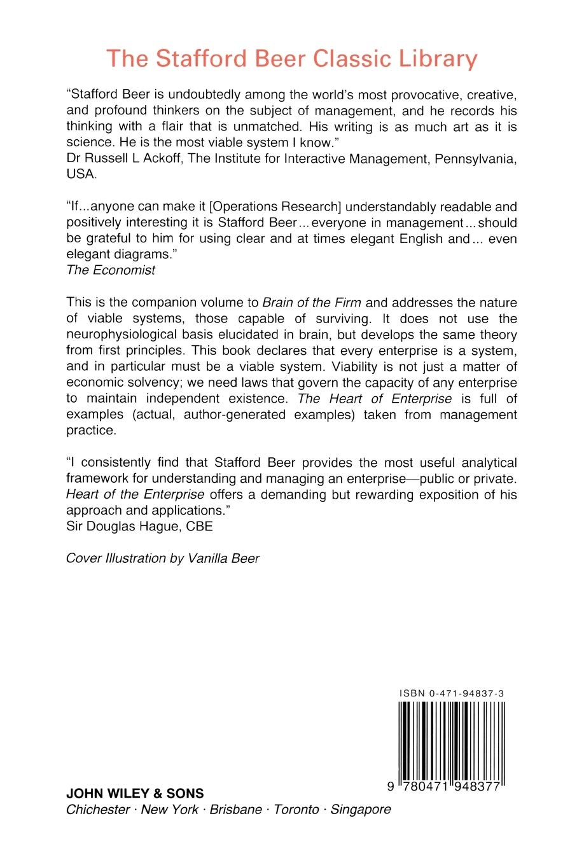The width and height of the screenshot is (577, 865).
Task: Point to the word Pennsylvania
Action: (475, 158)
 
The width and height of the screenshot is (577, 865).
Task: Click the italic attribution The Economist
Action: (111, 270)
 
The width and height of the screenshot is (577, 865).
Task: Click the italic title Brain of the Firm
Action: (312, 303)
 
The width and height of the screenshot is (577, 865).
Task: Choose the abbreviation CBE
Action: (199, 527)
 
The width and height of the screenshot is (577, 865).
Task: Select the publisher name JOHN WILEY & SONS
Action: (135, 794)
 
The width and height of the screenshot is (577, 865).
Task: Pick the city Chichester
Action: (98, 810)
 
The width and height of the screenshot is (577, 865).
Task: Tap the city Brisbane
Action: (235, 810)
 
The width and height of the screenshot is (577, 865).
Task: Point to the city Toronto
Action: (296, 810)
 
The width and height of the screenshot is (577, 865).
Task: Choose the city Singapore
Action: (361, 810)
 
